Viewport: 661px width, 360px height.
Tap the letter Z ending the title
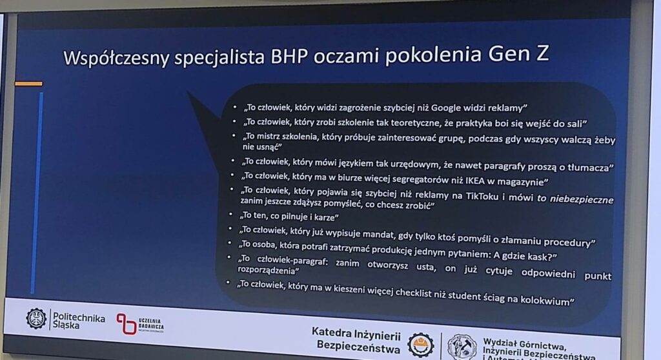(542, 54)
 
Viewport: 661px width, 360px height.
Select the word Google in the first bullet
(445, 108)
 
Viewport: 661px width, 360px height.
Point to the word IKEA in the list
(475, 181)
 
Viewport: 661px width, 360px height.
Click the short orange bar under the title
(28, 83)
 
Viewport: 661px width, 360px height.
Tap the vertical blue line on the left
(37, 192)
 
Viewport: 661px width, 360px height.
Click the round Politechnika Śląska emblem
(36, 318)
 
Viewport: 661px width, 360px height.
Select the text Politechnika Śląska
(79, 321)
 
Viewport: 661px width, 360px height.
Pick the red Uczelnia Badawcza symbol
(127, 324)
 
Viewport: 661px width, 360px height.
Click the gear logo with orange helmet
(420, 345)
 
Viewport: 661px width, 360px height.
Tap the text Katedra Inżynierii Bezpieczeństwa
(356, 340)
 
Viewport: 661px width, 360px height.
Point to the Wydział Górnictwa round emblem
(462, 347)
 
